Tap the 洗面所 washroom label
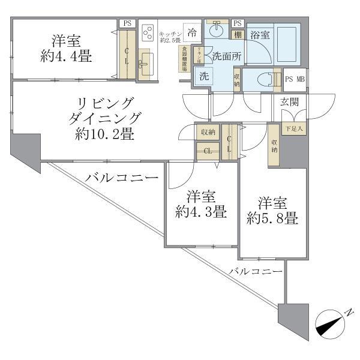point(225,56)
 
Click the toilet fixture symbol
point(265,79)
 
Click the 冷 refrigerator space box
point(193,32)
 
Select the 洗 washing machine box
point(203,76)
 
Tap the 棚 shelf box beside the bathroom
point(238,35)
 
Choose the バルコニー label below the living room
point(122,178)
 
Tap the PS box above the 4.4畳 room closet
point(127,23)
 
